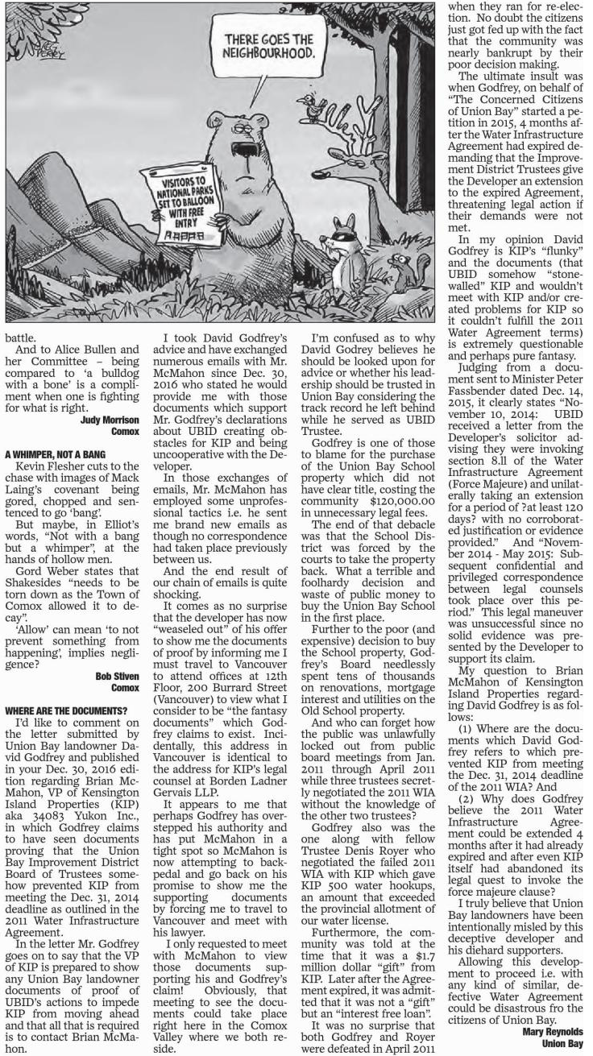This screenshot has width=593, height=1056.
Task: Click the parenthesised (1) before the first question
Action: click(465, 728)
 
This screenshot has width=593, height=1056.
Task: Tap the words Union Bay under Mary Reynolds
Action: click(562, 1043)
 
